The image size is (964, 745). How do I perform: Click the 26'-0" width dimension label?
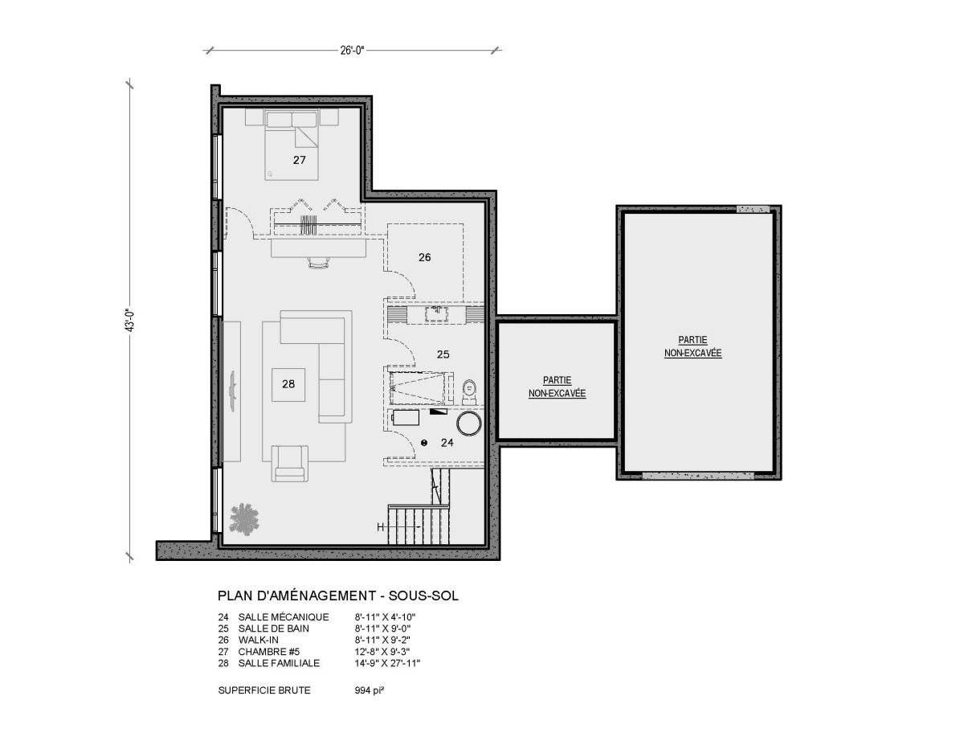(x=352, y=51)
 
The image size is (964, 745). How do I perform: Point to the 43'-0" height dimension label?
(x=129, y=321)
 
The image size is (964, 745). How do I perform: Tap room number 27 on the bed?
(x=300, y=160)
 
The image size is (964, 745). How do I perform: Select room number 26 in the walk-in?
(x=424, y=257)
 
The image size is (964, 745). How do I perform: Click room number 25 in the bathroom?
(x=443, y=354)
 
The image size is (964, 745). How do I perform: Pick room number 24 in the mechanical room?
(x=447, y=442)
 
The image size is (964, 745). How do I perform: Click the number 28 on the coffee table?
(x=288, y=384)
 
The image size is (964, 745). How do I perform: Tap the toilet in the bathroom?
(x=469, y=391)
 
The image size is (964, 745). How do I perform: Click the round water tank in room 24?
(x=469, y=424)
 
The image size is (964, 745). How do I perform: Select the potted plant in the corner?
(x=244, y=518)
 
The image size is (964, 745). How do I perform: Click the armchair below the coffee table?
(x=290, y=463)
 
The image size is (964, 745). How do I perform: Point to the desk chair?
(x=319, y=262)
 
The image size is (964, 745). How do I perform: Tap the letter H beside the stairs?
(x=381, y=527)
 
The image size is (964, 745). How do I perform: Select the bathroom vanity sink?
(x=435, y=313)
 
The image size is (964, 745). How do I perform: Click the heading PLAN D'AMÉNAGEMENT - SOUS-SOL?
(x=338, y=596)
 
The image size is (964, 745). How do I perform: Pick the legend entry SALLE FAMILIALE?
(x=279, y=663)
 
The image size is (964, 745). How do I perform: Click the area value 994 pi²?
(x=369, y=690)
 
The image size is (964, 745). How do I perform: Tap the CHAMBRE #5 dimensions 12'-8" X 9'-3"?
(x=382, y=652)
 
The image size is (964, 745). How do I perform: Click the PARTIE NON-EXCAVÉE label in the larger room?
(x=692, y=346)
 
